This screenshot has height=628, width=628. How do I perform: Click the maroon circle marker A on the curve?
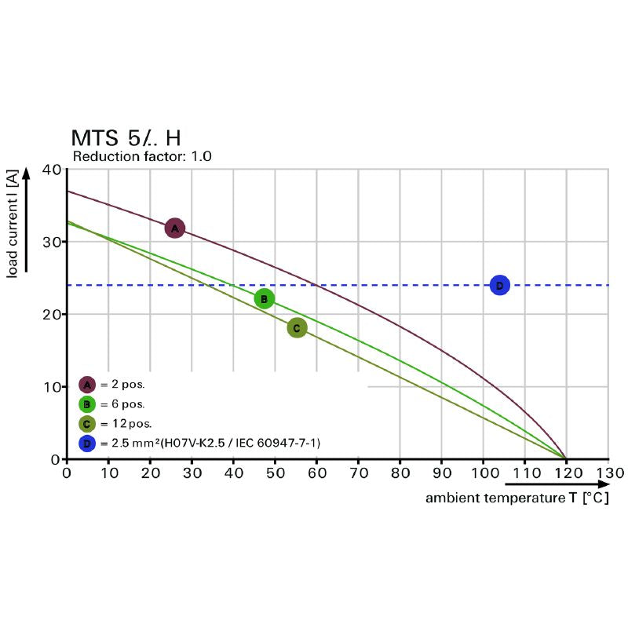point(174,228)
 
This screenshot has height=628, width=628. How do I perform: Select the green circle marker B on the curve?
point(265,298)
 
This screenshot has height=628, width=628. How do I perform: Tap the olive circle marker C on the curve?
point(297,328)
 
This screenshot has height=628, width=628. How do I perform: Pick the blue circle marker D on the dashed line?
point(499,285)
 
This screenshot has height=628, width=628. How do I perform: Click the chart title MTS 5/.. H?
point(126,138)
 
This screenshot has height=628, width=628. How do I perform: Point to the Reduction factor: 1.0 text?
point(142,157)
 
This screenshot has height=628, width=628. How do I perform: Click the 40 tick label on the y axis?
point(52,170)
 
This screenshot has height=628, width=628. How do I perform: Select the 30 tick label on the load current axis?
point(52,242)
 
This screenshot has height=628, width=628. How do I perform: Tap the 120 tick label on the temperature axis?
point(565,473)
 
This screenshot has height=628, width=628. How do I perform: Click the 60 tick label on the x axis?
point(316,473)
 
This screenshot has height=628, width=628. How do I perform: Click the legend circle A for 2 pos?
point(87,385)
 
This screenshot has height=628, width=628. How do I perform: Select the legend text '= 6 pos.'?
point(122,404)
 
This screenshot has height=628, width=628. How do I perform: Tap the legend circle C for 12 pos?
point(87,424)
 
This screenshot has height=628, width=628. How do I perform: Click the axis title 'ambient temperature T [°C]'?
point(517,498)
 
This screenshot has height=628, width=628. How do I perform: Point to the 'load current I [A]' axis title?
point(13,226)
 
